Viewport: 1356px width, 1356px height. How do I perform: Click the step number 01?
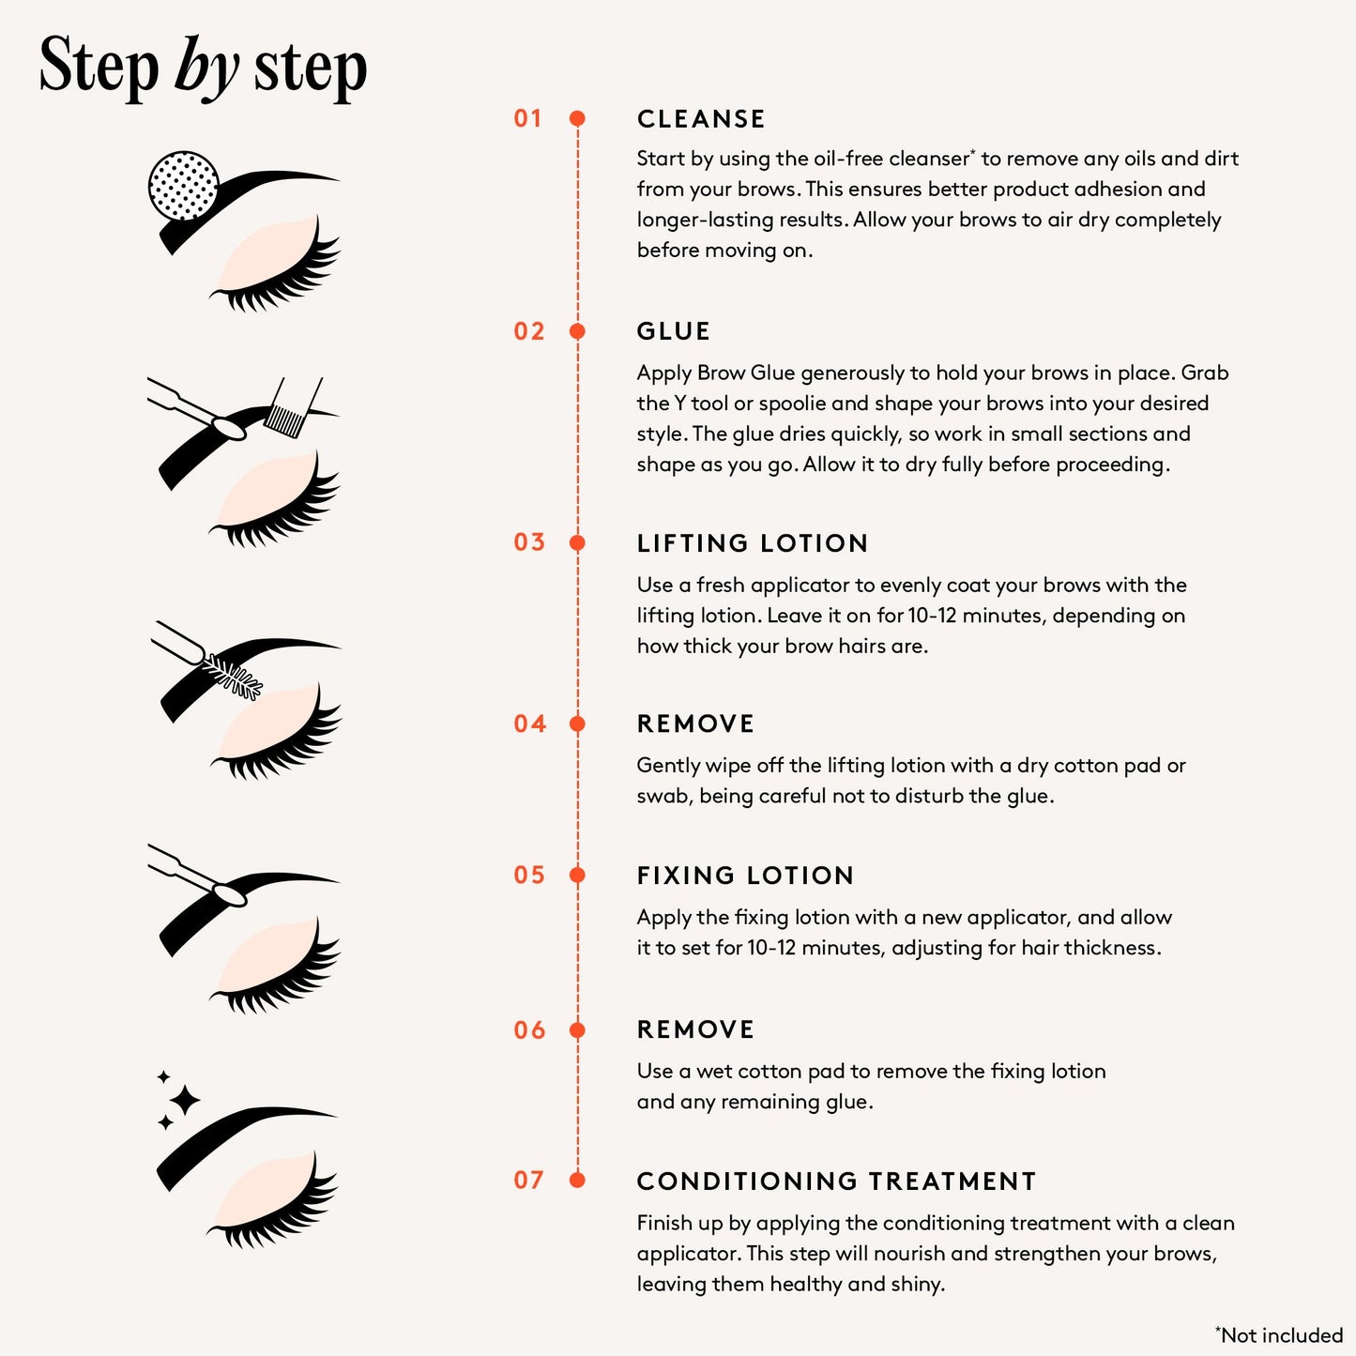527,119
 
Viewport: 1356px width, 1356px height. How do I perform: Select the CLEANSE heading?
701,119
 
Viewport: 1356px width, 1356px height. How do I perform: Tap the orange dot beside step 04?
578,724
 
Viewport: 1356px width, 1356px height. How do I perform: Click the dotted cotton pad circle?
184,186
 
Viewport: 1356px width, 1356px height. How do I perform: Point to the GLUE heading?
673,331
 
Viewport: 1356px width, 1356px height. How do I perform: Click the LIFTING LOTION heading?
752,543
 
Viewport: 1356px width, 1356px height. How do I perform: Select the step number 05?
529,876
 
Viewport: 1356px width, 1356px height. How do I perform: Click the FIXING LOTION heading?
745,876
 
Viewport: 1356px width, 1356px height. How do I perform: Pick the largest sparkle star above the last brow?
184,1100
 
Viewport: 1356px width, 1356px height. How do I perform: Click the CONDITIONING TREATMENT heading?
836,1181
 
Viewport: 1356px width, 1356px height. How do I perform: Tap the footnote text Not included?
1281,1335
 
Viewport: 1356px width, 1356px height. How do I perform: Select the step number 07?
529,1181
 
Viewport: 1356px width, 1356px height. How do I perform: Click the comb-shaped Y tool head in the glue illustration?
285,419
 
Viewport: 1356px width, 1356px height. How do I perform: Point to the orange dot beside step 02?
578,331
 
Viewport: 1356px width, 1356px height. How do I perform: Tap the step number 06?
529,1030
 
